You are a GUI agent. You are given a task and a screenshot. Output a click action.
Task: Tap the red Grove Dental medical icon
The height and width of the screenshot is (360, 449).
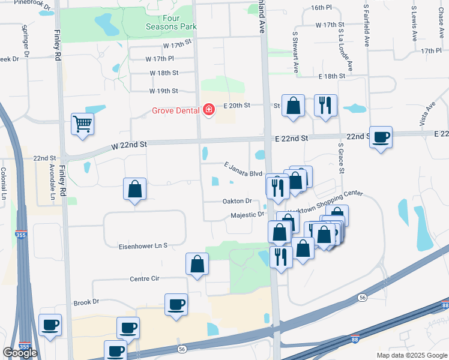[x=209, y=110]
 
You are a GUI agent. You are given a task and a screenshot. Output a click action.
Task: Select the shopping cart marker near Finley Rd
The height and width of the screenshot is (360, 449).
[x=83, y=124]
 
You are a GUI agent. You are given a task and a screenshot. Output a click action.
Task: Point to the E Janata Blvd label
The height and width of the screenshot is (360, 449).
[x=243, y=169]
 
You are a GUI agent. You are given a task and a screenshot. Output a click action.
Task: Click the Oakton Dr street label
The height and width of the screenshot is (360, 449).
[x=237, y=201]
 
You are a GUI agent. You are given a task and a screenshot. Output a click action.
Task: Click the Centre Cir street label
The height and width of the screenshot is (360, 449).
[x=145, y=279]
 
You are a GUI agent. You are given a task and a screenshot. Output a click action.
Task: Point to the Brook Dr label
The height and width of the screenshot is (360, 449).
[x=86, y=303]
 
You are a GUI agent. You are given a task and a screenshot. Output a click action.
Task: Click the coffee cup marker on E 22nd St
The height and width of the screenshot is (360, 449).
[x=381, y=137]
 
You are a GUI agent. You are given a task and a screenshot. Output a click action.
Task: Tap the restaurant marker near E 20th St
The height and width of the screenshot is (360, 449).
[x=325, y=106]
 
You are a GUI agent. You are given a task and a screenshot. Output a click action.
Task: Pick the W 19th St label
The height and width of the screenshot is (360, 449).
[x=163, y=91]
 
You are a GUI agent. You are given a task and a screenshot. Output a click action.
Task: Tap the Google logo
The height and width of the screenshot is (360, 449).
[x=20, y=353]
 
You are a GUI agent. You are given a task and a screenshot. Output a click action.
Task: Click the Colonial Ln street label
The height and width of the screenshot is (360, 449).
[x=4, y=183]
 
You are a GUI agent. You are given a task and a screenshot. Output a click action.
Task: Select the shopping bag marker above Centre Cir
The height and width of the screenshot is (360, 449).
[x=197, y=264]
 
